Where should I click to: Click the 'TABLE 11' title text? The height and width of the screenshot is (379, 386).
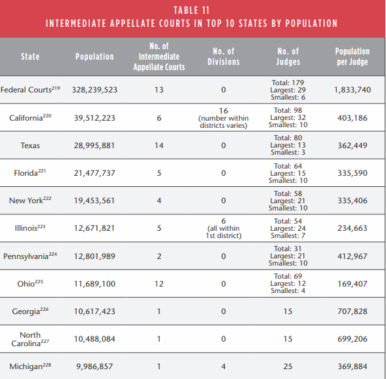tap(191, 10)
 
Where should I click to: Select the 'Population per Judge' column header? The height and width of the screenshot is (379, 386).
tap(353, 56)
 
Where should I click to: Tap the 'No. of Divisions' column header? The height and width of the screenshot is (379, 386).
tap(223, 56)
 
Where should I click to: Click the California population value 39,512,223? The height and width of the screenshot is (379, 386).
tap(94, 118)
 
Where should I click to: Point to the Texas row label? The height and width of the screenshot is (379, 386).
tap(30, 146)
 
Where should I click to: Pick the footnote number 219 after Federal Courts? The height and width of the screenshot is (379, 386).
tap(56, 88)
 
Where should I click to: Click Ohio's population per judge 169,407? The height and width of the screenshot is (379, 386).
tap(353, 284)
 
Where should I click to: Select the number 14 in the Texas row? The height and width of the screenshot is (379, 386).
tap(159, 146)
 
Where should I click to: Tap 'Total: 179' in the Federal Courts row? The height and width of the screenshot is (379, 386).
tap(288, 83)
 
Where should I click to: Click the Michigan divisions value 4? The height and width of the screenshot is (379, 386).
tap(223, 367)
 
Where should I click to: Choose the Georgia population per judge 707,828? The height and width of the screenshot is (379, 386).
tap(353, 311)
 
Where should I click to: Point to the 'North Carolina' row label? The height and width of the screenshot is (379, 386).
tap(30, 339)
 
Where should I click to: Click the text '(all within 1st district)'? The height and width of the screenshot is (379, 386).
tap(223, 232)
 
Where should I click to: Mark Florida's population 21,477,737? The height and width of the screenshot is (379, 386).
tap(94, 173)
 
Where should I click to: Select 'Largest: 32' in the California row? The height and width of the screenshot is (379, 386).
tap(288, 117)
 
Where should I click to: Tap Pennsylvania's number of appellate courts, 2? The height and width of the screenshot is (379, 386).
tap(159, 256)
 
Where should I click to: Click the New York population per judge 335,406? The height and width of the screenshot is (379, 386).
tap(353, 201)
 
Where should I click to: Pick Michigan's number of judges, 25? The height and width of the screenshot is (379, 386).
tap(288, 367)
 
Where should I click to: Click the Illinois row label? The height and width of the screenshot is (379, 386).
tap(30, 228)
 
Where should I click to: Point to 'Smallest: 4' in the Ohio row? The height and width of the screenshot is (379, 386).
tap(288, 290)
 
